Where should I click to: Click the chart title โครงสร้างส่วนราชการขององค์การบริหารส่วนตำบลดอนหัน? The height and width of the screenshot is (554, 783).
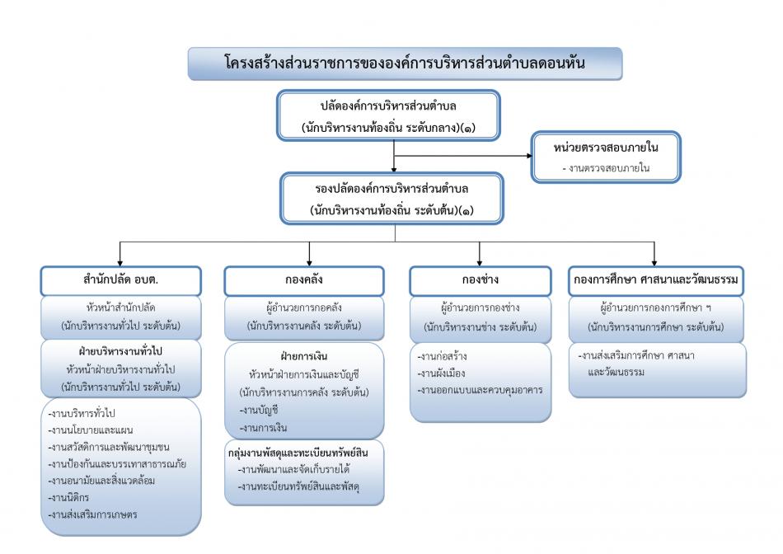tap(405, 63)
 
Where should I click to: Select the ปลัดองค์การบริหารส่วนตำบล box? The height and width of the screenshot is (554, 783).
tap(388, 115)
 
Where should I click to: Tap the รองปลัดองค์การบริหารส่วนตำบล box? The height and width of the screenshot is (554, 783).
tap(391, 199)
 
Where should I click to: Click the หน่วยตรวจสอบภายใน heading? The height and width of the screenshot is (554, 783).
tap(606, 148)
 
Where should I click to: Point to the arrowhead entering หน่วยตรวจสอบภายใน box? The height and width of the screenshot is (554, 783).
tap(529, 156)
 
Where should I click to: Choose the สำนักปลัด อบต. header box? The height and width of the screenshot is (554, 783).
tap(121, 281)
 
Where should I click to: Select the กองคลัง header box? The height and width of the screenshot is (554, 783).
tap(304, 281)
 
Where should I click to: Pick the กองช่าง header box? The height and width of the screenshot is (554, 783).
tap(481, 281)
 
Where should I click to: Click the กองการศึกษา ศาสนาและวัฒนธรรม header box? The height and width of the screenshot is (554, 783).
tap(656, 281)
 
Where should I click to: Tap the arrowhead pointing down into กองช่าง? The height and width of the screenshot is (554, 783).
tap(480, 263)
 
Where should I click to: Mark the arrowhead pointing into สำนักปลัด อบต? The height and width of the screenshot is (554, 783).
tap(120, 263)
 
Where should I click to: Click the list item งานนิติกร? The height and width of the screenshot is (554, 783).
tap(68, 498)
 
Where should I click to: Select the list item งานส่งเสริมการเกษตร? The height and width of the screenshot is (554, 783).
tap(92, 514)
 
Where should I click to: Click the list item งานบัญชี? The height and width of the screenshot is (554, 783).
tap(259, 410)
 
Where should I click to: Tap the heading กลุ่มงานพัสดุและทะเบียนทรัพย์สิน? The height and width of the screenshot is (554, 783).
tap(298, 453)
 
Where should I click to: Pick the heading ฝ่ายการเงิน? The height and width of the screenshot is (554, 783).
tap(303, 356)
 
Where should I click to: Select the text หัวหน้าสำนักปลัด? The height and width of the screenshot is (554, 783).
tap(121, 308)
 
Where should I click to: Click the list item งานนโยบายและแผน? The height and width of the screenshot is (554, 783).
tap(91, 430)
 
